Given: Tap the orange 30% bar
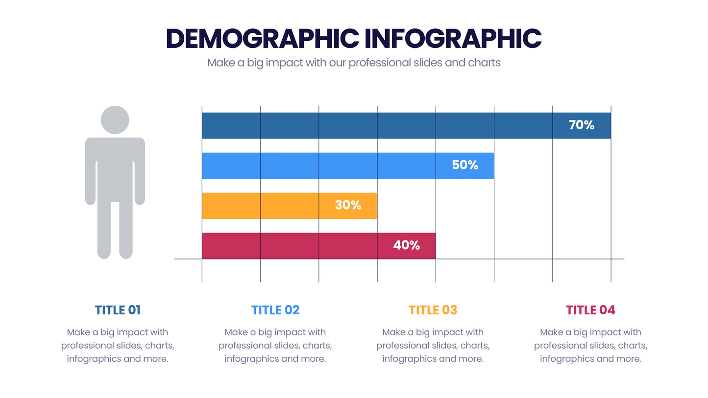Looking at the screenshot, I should pyautogui.click(x=265, y=206).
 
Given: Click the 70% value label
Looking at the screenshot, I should pyautogui.click(x=582, y=125).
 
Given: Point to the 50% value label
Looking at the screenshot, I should pyautogui.click(x=465, y=165).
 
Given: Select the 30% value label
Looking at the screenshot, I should pyautogui.click(x=348, y=206).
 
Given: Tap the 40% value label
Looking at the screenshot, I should pyautogui.click(x=407, y=245).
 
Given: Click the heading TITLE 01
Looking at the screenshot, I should pyautogui.click(x=118, y=310).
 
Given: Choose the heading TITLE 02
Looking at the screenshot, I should pyautogui.click(x=275, y=310).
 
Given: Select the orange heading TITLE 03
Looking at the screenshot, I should pyautogui.click(x=433, y=310).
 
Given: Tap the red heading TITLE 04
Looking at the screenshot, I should pyautogui.click(x=590, y=310).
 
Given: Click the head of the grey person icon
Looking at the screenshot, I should pyautogui.click(x=115, y=119).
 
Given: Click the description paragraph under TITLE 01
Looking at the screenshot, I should pyautogui.click(x=118, y=346).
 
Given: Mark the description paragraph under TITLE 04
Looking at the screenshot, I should pyautogui.click(x=590, y=346).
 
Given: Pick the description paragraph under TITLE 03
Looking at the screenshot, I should pyautogui.click(x=433, y=346).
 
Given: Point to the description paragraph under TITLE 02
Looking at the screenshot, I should pyautogui.click(x=275, y=346).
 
